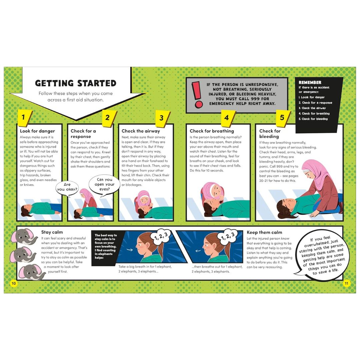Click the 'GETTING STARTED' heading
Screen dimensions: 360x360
click(76, 83)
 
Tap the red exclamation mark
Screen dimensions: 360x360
click(198, 94)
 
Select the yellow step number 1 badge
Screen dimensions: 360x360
click(23, 117)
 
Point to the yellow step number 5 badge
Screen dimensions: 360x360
click(282, 118)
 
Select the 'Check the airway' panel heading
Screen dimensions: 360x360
click(141, 131)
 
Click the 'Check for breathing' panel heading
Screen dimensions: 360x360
click(212, 131)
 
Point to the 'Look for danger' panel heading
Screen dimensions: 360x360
click(37, 131)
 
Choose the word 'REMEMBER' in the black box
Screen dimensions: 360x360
click(310, 82)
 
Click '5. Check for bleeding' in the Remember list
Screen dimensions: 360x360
click(313, 119)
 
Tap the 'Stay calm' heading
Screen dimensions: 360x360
click(52, 232)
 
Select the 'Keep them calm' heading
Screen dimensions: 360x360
click(264, 232)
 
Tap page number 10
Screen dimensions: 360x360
click(13, 284)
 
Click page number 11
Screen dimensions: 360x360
click(346, 284)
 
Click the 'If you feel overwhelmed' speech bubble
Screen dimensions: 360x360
click(321, 255)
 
